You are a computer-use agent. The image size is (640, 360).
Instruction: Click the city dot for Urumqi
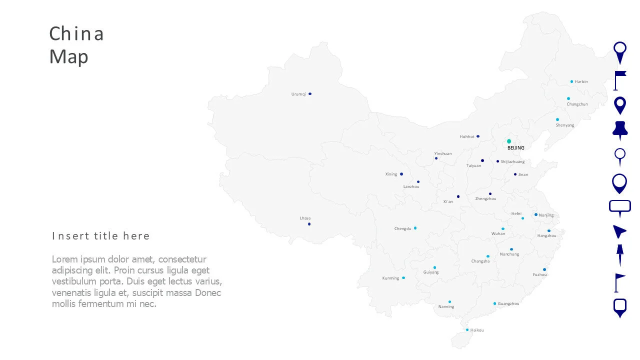click(x=310, y=93)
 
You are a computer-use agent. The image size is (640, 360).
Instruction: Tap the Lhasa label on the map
click(x=305, y=218)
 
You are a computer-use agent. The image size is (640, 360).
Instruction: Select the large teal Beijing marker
click(x=509, y=141)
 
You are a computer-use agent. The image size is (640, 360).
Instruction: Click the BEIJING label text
click(x=516, y=148)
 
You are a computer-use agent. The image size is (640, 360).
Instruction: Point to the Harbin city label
click(x=581, y=81)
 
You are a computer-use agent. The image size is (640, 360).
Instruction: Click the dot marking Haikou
click(x=467, y=330)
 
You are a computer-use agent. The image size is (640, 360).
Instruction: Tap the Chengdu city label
click(x=402, y=228)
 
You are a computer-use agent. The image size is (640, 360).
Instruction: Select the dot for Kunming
click(x=403, y=277)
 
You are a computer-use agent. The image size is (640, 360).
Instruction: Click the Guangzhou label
click(x=508, y=303)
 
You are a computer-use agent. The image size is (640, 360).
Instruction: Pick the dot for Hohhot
click(x=478, y=136)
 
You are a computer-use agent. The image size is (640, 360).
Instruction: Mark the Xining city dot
click(x=401, y=174)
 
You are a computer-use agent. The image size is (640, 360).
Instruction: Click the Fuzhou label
click(x=539, y=274)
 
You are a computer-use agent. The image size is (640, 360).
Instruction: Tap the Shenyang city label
click(x=565, y=125)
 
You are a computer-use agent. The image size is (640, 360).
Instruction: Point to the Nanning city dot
click(x=449, y=301)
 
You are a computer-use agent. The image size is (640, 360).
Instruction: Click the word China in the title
click(x=76, y=34)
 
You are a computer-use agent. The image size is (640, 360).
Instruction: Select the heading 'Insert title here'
click(x=101, y=236)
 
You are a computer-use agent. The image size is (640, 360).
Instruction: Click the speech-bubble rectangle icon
click(x=620, y=207)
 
